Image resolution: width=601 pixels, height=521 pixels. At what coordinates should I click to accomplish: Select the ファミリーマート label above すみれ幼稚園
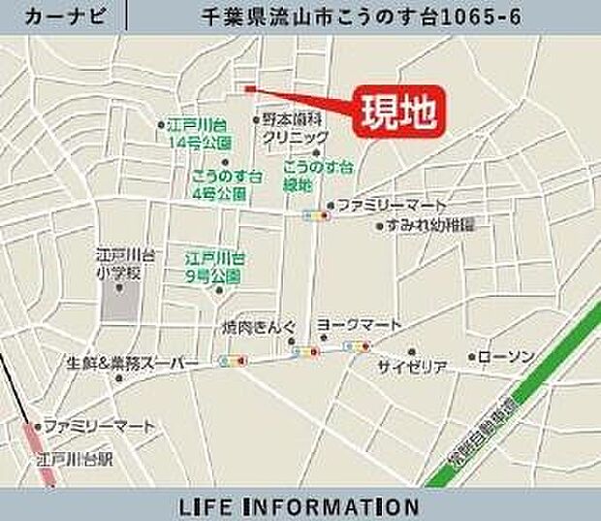(x=392, y=205)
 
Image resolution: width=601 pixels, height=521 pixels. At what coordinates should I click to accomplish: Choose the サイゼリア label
(x=412, y=367)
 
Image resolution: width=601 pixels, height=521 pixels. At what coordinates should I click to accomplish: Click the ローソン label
(x=506, y=357)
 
